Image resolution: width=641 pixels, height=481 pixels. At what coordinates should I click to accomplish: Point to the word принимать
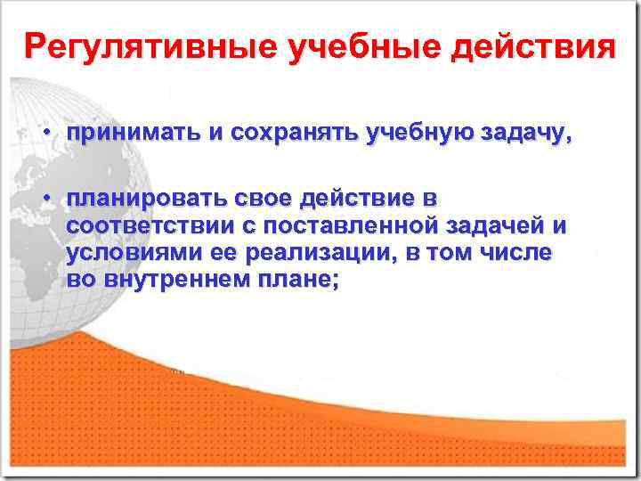click(134, 134)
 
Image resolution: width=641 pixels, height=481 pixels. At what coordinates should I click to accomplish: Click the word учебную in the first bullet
click(418, 134)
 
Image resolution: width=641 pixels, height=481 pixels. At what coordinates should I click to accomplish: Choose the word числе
click(520, 252)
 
